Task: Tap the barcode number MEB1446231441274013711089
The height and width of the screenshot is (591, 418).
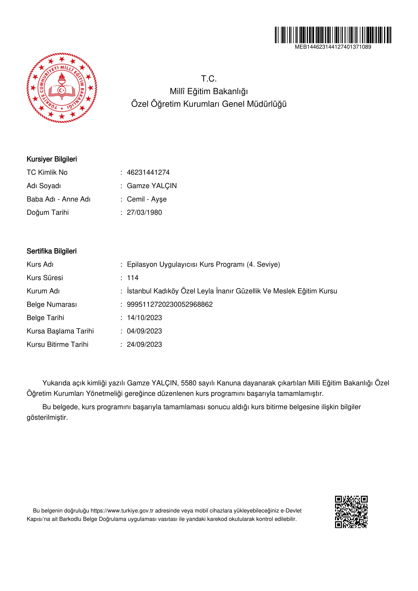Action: pos(333,47)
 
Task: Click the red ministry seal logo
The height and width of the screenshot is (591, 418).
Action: pos(62,88)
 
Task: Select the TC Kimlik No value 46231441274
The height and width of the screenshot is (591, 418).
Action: pos(148,173)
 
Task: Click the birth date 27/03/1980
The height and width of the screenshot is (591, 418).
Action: pos(144,212)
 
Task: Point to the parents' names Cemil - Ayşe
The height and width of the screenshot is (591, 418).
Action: pos(147,199)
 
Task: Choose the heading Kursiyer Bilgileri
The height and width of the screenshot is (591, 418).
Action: pos(52,159)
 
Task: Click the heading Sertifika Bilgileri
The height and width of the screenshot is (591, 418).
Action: pos(52,251)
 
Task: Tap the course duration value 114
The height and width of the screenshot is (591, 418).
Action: pos(133,278)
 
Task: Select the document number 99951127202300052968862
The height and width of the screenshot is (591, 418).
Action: pos(169,304)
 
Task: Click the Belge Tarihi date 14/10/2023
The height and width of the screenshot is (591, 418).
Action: pos(144,318)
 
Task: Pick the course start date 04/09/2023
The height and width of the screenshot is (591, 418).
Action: pos(144,331)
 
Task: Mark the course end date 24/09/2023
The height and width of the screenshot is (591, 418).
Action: pos(144,344)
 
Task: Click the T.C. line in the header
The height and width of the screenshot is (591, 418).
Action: pos(209,79)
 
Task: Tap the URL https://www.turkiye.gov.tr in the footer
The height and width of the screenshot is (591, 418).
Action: pos(122,510)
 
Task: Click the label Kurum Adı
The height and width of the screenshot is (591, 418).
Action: pos(43,291)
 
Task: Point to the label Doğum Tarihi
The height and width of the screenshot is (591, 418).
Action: pos(48,212)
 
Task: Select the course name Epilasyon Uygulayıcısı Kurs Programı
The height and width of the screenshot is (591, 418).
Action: pos(185,265)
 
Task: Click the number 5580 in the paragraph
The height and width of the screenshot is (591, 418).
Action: pos(188,383)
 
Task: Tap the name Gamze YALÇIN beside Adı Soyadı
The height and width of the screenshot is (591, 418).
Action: pos(152,186)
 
